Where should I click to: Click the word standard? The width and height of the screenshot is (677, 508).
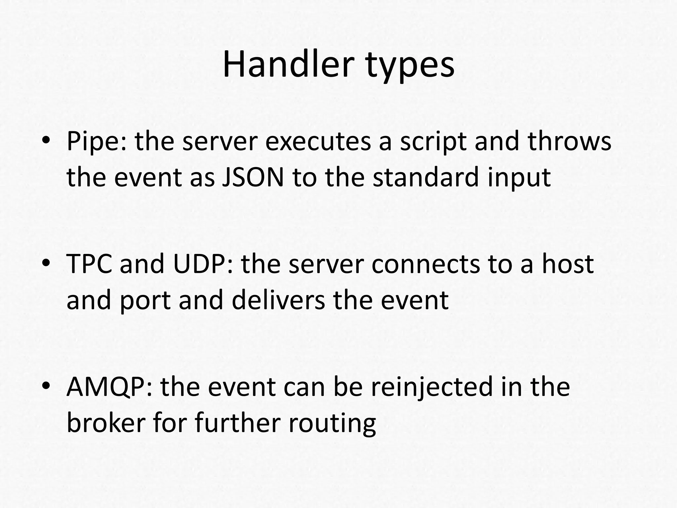425,178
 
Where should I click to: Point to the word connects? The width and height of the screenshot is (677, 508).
425,265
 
